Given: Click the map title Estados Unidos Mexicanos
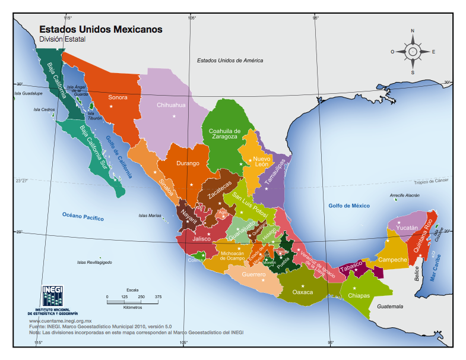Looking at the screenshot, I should [x=100, y=29].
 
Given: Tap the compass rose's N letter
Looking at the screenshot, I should [x=413, y=31].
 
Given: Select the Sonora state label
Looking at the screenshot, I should [x=118, y=97].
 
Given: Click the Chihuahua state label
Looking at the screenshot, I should [x=171, y=105].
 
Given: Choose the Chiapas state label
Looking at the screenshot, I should [x=359, y=295].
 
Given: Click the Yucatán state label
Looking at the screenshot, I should [x=407, y=228].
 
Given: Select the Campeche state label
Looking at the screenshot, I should [x=392, y=260].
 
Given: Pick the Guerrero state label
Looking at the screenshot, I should [x=253, y=275].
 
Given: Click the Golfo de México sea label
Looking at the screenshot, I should [x=349, y=206].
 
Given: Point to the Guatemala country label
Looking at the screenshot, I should [x=389, y=307].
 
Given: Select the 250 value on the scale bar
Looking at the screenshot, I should [x=141, y=296].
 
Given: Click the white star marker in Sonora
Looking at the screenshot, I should [x=111, y=106].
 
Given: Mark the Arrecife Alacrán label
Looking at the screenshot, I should [x=405, y=195].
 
